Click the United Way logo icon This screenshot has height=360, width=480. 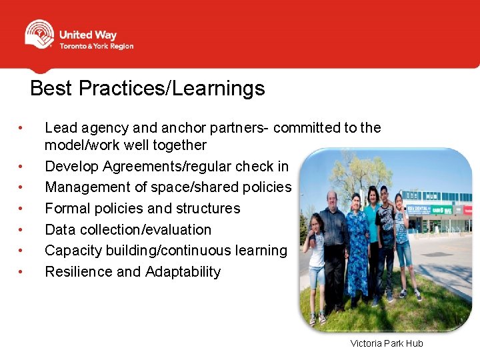point(39,35)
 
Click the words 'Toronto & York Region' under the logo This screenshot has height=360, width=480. point(96,47)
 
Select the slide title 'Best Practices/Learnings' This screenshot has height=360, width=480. point(147,88)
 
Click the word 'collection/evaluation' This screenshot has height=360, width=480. point(145,230)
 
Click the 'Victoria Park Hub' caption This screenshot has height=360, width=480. point(387,343)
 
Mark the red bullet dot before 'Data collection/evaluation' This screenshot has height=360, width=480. point(22,230)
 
